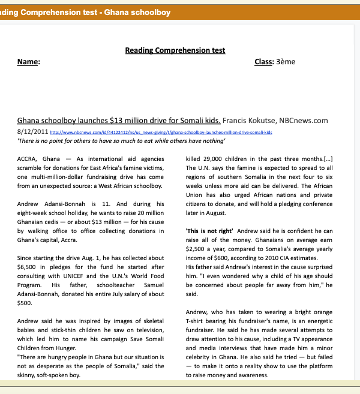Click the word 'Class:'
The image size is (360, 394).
click(264, 62)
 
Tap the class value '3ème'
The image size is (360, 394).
click(286, 62)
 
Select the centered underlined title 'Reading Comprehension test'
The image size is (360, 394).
click(175, 50)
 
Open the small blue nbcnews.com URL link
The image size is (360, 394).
click(161, 132)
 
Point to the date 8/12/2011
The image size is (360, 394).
click(32, 131)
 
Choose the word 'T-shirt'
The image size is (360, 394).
click(197, 321)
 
